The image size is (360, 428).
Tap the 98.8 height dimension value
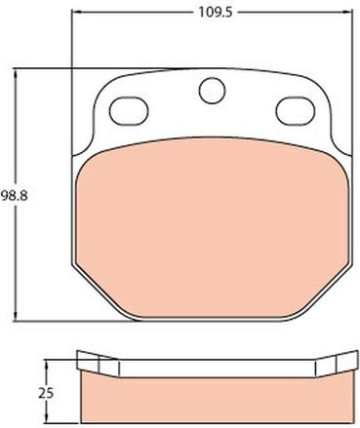pos(14,196)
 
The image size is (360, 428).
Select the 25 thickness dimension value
pos(46,394)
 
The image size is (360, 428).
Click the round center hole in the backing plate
pos(212,91)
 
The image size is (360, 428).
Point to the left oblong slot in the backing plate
pos(129,111)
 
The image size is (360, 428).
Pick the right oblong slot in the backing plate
pos(296,111)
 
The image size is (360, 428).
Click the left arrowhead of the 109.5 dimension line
pos(75,13)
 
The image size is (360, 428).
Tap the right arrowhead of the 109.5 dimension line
pos(348,13)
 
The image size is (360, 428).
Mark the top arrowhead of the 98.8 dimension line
pos(16,73)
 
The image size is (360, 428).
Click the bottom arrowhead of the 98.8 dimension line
pos(16,316)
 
